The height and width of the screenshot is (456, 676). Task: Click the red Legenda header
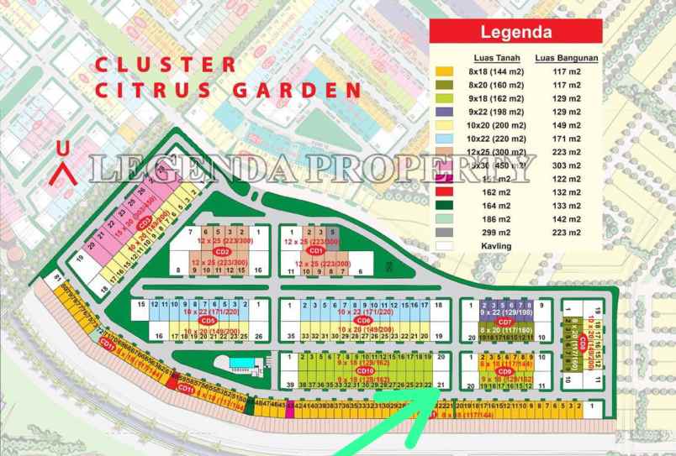(515, 32)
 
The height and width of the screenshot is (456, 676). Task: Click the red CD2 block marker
(222, 250)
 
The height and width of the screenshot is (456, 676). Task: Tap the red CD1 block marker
(317, 250)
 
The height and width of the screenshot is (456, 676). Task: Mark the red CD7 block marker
(504, 322)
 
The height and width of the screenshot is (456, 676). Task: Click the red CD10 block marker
(365, 370)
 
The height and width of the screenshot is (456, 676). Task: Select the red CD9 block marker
(504, 371)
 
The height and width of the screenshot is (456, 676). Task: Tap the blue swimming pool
(240, 362)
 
